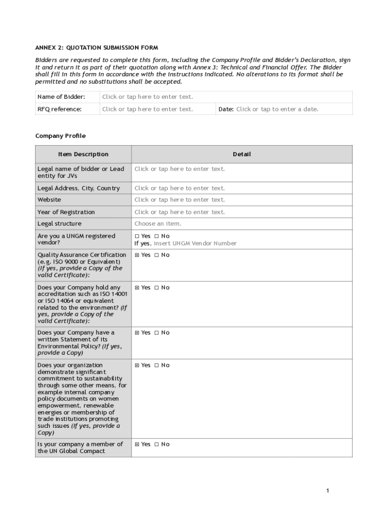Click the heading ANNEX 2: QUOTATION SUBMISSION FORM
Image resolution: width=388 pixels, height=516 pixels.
[x=96, y=48]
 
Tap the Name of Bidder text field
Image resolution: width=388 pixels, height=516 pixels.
[x=147, y=97]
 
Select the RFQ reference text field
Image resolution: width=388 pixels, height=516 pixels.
[x=147, y=109]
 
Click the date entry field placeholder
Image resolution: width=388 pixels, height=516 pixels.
[x=277, y=109]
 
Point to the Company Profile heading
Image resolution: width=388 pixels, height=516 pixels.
[x=60, y=136]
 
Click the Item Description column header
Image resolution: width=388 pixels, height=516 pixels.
[x=83, y=154]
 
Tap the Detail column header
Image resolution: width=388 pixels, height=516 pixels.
[x=241, y=154]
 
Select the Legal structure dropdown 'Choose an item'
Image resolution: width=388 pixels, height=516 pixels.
[x=158, y=224]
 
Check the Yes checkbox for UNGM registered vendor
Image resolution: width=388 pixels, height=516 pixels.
[x=137, y=236]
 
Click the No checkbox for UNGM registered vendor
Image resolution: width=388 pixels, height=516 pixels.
[x=157, y=236]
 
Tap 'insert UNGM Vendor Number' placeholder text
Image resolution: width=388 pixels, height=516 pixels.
[x=195, y=243]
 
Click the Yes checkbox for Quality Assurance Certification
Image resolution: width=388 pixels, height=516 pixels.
[x=137, y=255]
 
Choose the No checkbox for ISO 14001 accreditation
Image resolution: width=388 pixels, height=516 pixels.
[x=157, y=288]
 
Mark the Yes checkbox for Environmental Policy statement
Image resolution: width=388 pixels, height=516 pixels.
[x=137, y=333]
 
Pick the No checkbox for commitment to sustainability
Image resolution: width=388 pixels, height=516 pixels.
[x=157, y=365]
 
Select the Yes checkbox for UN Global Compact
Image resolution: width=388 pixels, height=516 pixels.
[x=137, y=444]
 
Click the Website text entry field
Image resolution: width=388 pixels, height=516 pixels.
[x=179, y=200]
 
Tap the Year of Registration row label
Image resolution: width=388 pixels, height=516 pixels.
[x=66, y=212]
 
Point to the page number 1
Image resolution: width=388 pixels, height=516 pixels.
[x=328, y=491]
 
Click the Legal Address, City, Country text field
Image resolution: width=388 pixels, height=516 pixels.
[x=179, y=188]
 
